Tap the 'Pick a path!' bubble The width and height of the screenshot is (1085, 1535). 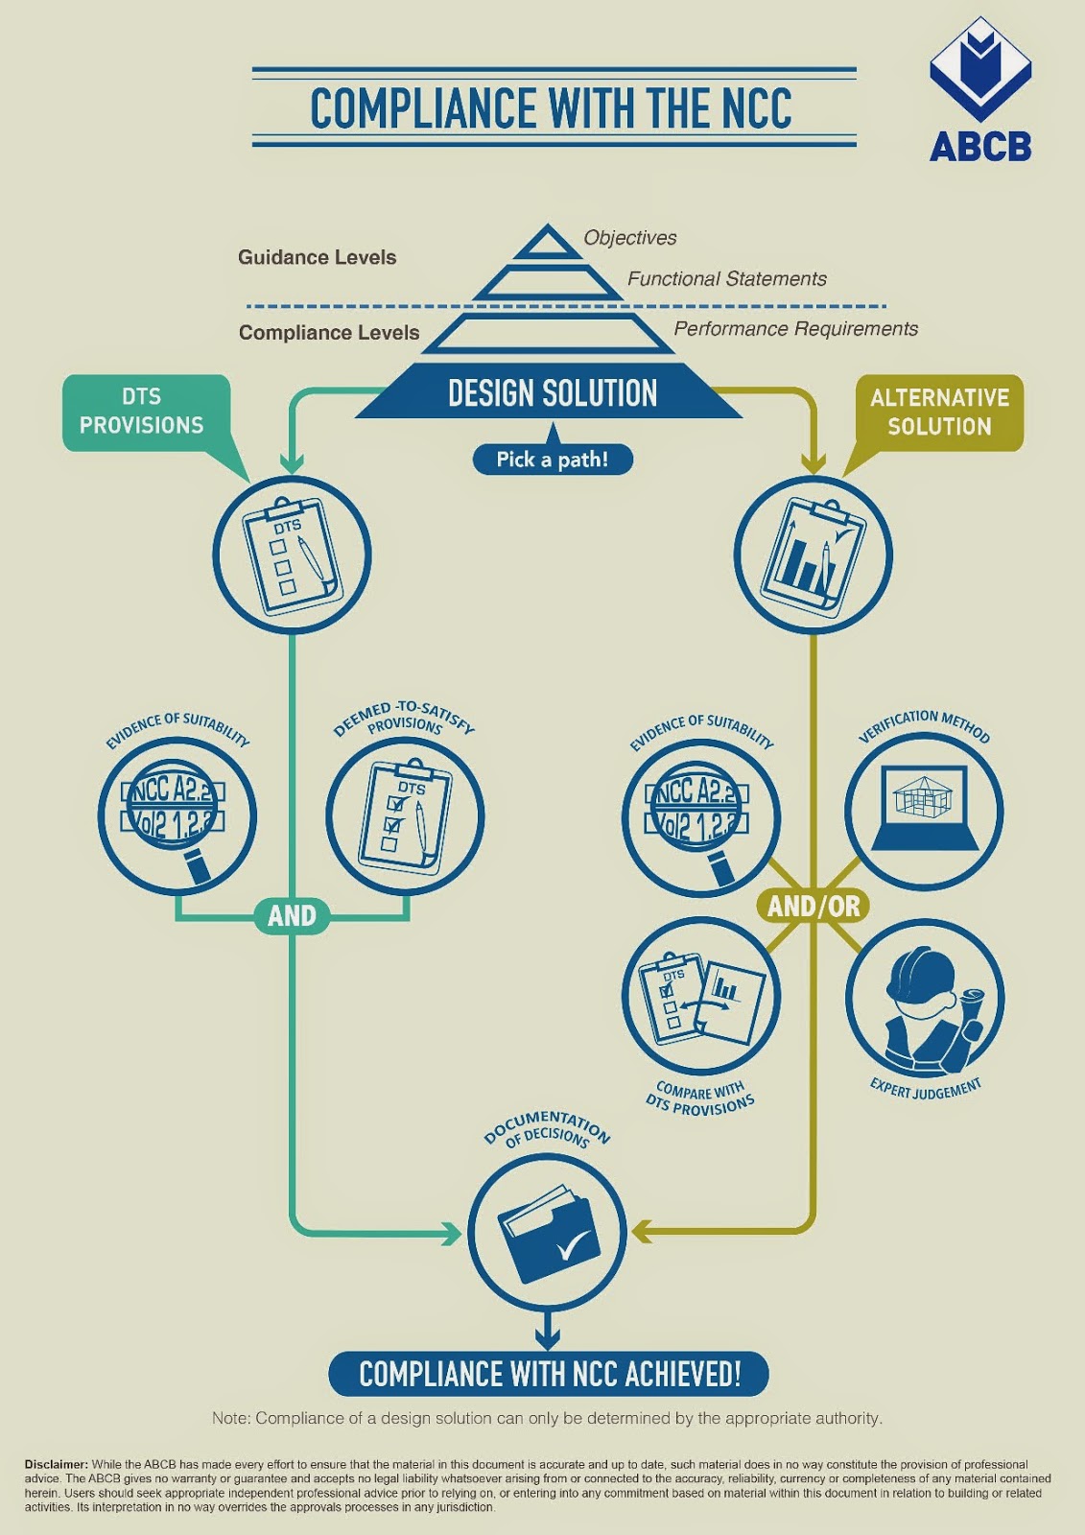tap(552, 460)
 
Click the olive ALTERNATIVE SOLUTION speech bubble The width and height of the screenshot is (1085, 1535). tap(939, 413)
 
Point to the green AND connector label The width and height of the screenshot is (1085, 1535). tap(292, 916)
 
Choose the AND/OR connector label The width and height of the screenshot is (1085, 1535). tap(814, 906)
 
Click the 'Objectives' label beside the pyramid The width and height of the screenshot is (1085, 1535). tap(629, 238)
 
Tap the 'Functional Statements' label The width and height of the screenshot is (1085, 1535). tap(726, 279)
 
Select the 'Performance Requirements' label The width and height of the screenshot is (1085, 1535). tap(795, 329)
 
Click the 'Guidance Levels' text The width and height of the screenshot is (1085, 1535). tap(317, 257)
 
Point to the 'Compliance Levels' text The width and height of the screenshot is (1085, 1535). tap(329, 333)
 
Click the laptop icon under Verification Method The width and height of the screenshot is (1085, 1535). tap(924, 809)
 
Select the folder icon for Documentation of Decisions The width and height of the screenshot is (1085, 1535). tap(548, 1232)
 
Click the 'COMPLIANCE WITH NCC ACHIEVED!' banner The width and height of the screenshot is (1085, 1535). tap(550, 1374)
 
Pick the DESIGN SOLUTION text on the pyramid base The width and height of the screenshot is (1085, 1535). tap(552, 393)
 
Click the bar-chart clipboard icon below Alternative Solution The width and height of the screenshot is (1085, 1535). tap(813, 555)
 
